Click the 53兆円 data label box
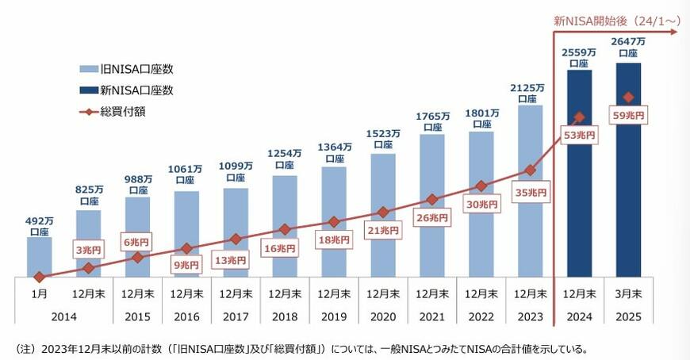point(578,134)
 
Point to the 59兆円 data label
point(628,116)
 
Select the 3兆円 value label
point(89,251)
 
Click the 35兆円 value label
point(530,192)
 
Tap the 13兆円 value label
point(236,259)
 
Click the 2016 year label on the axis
point(186,315)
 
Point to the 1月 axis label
point(39,293)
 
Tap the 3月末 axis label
point(628,293)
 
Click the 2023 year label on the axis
point(530,315)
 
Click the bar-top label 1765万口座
point(432,121)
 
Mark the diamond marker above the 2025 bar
point(628,98)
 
